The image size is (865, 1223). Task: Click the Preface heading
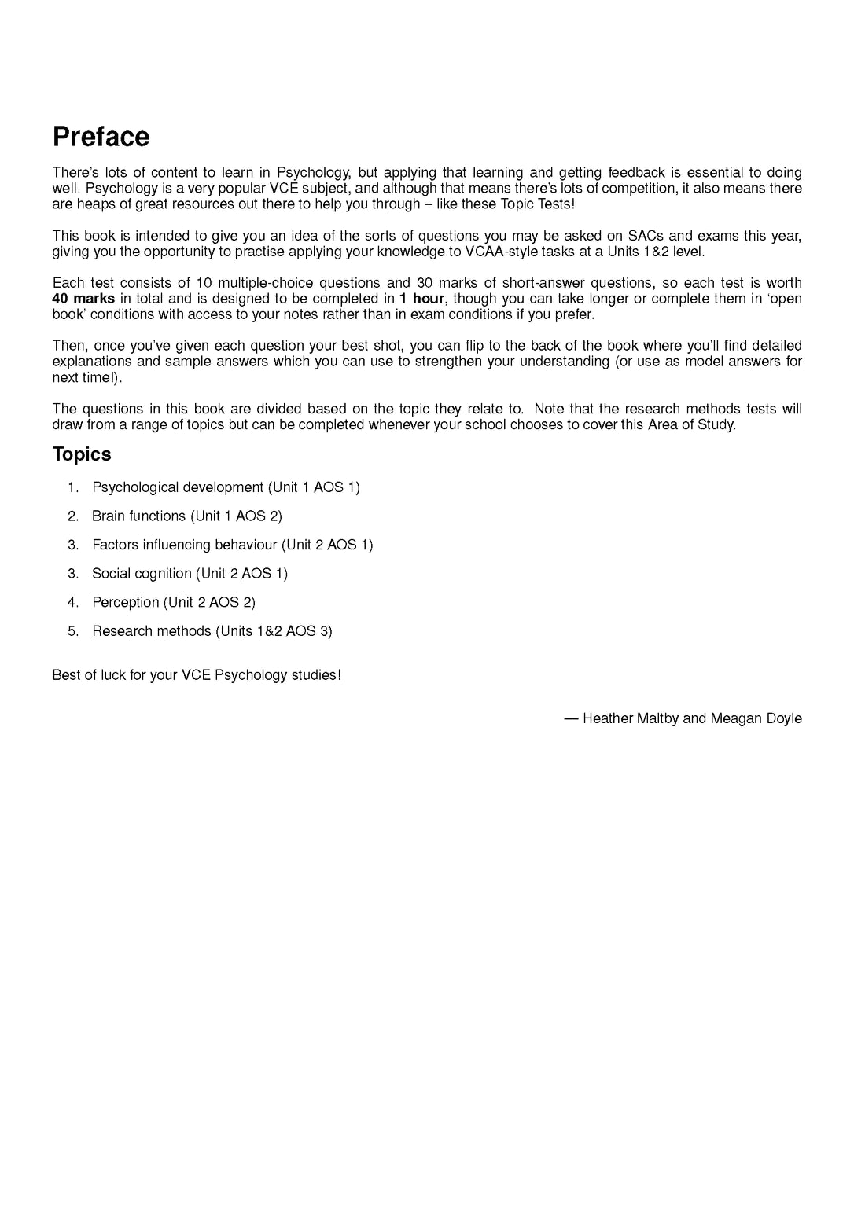[101, 137]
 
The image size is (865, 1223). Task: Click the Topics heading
[82, 454]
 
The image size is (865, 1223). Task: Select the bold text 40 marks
[83, 299]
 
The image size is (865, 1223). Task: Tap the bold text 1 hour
[421, 299]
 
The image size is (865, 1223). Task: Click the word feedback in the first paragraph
[637, 173]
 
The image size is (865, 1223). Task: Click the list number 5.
[73, 631]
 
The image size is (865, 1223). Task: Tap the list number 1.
[73, 487]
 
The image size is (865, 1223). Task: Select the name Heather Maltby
[631, 718]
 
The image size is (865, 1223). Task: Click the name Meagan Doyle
[756, 718]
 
